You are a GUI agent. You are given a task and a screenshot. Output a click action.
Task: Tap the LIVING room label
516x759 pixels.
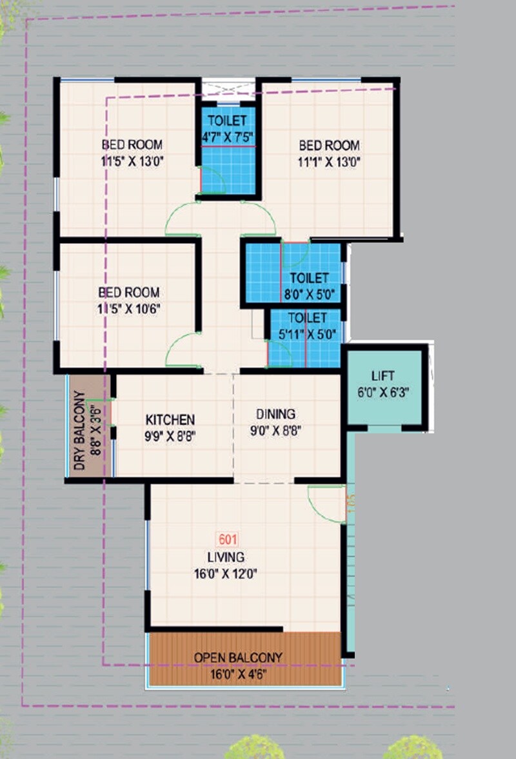pos(226,557)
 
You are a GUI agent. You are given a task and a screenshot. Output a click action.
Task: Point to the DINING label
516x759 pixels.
pos(275,414)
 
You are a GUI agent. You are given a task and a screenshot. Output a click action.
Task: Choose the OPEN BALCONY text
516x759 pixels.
pos(238,658)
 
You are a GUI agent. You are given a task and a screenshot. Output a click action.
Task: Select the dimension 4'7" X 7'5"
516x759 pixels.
pos(228,137)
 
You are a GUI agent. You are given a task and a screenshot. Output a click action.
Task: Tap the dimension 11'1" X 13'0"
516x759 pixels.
pos(329,162)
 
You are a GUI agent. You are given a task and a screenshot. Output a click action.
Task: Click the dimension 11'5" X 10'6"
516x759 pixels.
pos(129,308)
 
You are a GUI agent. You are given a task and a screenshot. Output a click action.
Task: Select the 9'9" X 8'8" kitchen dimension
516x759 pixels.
pos(170,435)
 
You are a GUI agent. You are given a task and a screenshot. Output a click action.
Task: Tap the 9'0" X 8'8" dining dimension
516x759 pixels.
pos(275,430)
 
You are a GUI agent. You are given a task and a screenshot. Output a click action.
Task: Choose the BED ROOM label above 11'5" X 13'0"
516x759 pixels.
pos(132,144)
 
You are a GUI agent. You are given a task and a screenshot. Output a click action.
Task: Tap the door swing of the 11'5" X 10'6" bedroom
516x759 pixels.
pos(183,351)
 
